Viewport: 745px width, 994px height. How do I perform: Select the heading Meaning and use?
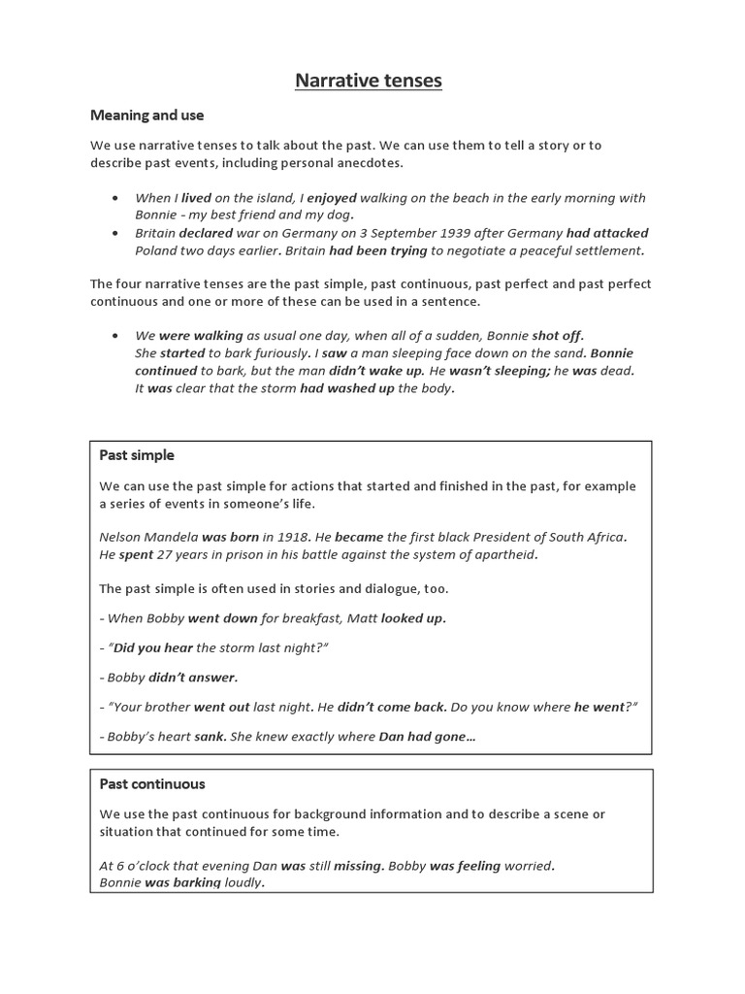tap(146, 115)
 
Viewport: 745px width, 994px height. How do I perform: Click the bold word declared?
tap(205, 233)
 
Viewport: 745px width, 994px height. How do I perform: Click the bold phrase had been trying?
tap(378, 250)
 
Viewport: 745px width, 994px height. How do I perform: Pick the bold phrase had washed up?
tap(346, 388)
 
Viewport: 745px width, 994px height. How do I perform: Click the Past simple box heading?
tap(137, 455)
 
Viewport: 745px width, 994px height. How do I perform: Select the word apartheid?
tap(502, 555)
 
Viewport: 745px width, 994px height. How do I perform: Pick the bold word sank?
tap(210, 737)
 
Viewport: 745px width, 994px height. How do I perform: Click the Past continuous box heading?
tap(152, 783)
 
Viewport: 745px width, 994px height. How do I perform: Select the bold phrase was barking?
tap(183, 883)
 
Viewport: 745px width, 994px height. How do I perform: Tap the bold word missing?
tap(359, 865)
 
